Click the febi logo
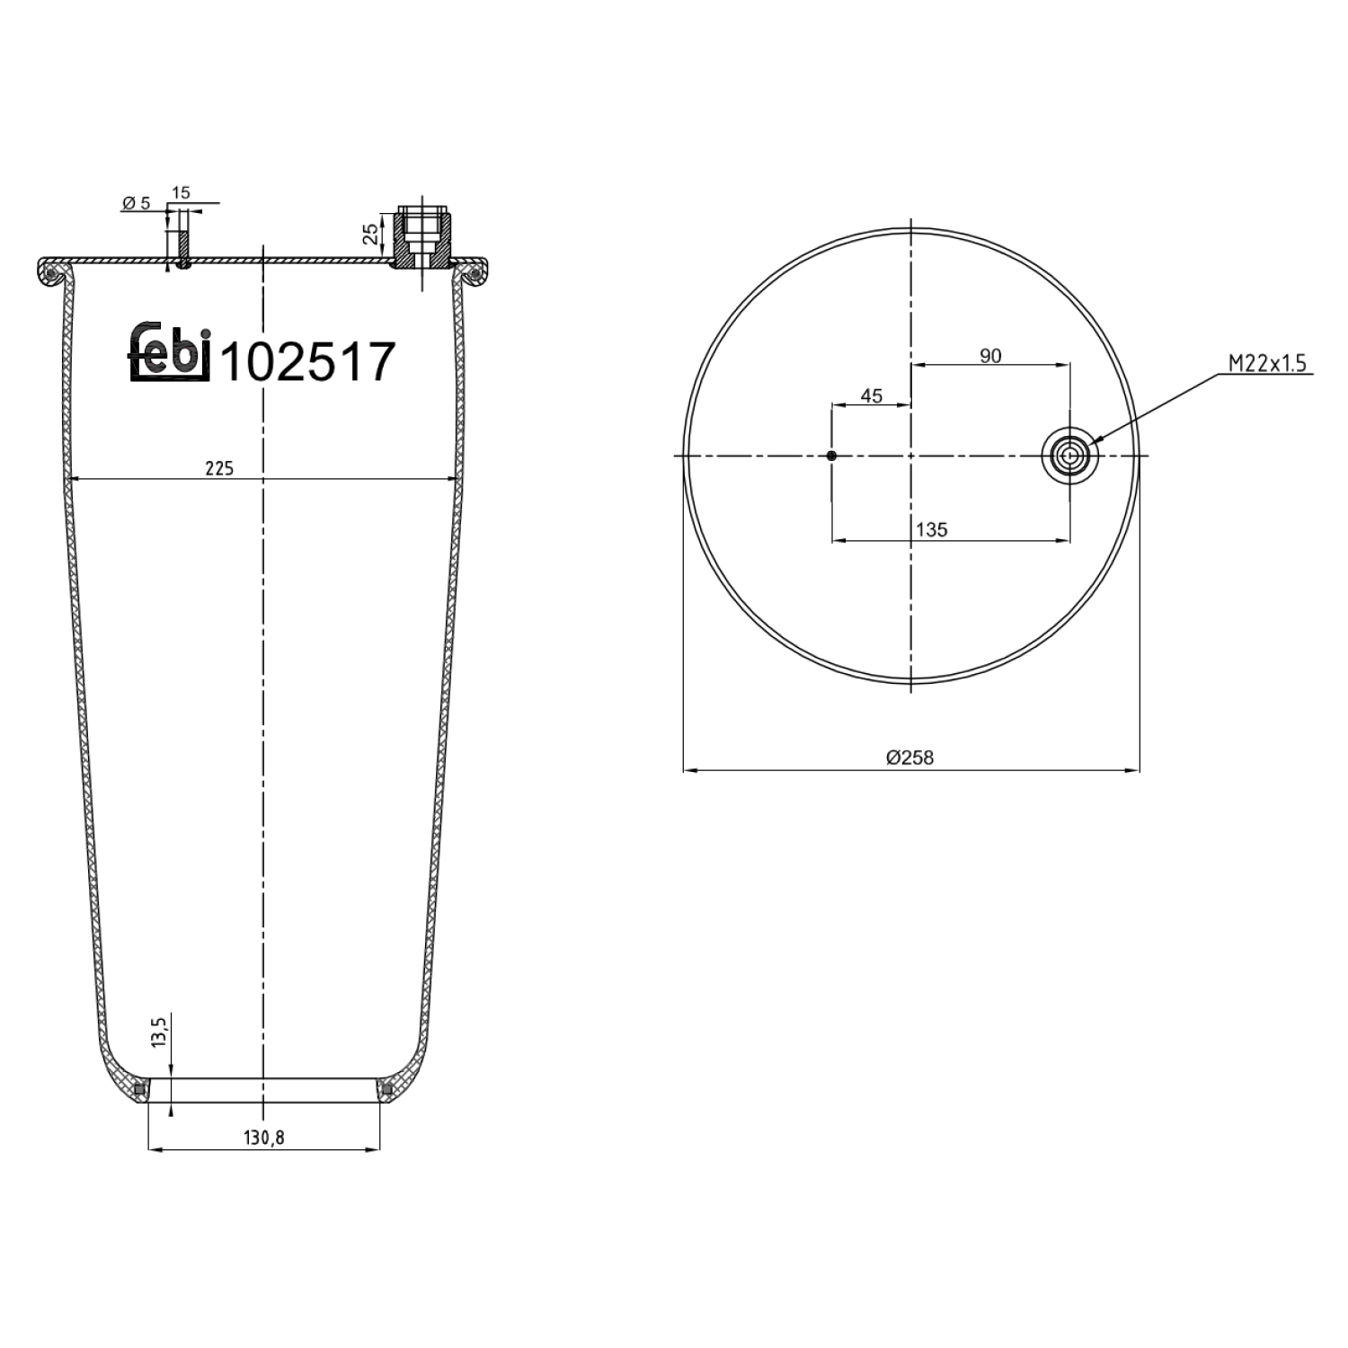pyautogui.click(x=170, y=351)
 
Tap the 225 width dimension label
pyautogui.click(x=218, y=467)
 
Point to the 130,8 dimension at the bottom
pyautogui.click(x=263, y=1137)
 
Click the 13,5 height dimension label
pyautogui.click(x=160, y=1033)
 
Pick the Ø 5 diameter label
pyautogui.click(x=136, y=204)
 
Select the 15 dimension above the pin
pyautogui.click(x=181, y=192)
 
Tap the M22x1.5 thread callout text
pyautogui.click(x=1267, y=363)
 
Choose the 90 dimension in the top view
pyautogui.click(x=989, y=356)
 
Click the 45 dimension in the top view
pyautogui.click(x=871, y=395)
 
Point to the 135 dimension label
pyautogui.click(x=932, y=529)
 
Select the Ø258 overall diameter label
pyautogui.click(x=909, y=758)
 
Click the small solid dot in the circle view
pyautogui.click(x=832, y=456)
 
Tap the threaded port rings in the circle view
pyautogui.click(x=1069, y=456)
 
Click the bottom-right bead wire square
pyautogui.click(x=387, y=1090)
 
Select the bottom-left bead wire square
pyautogui.click(x=139, y=1090)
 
